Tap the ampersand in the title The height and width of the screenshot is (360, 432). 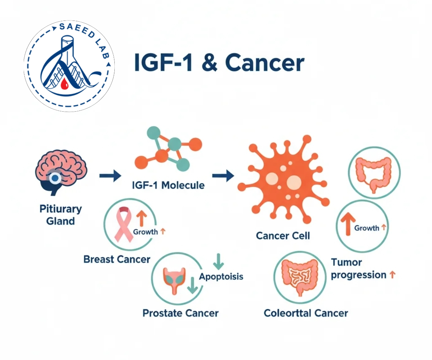click(209, 62)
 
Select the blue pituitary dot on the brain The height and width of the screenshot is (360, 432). click(55, 178)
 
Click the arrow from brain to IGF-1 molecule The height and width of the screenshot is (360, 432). click(110, 176)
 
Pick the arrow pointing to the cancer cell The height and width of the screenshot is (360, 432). click(223, 176)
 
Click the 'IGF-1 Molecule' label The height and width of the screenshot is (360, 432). click(168, 185)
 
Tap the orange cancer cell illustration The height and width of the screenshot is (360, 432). click(283, 179)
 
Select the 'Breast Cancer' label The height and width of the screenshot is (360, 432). click(117, 259)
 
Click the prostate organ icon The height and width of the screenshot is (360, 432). click(174, 281)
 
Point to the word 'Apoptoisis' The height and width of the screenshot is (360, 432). click(221, 277)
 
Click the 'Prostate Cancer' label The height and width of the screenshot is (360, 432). click(181, 313)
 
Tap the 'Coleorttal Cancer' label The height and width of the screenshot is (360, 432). click(306, 313)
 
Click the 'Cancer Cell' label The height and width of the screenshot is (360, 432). click(283, 236)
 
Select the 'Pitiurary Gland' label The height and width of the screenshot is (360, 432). click(61, 215)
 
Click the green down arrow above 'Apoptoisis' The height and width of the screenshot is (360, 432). click(218, 261)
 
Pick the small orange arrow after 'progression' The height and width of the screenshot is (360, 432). click(392, 275)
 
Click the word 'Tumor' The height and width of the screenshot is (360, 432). click(347, 263)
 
